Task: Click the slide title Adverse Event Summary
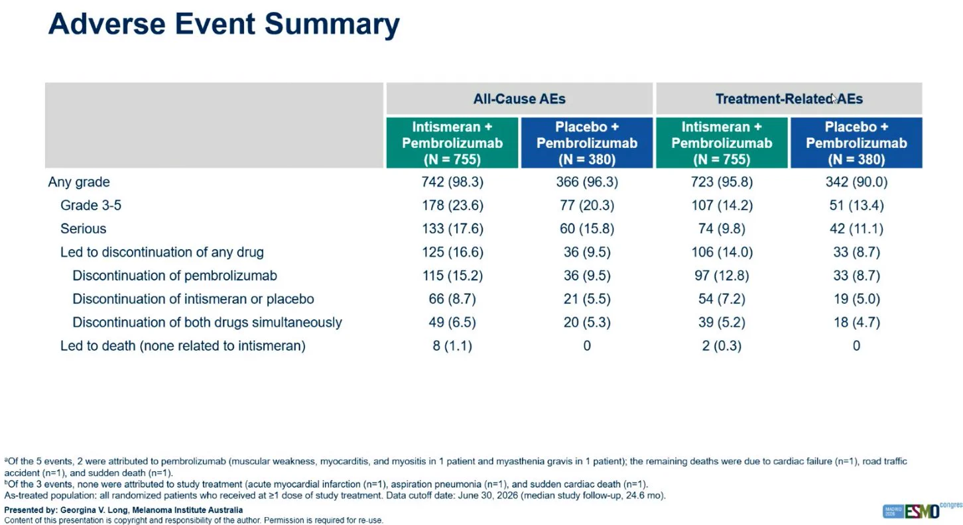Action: (x=224, y=25)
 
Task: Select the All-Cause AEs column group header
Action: (x=519, y=99)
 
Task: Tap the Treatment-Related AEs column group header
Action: (x=789, y=99)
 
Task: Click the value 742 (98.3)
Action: (x=452, y=182)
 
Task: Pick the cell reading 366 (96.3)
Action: (x=587, y=182)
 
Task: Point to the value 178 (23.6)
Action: (x=452, y=205)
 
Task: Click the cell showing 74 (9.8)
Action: (x=722, y=229)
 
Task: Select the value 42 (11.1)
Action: (x=856, y=229)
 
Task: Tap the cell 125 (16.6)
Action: (x=452, y=252)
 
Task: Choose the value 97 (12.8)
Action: (x=722, y=275)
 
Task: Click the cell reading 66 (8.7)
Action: (x=452, y=298)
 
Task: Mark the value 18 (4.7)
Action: (x=856, y=322)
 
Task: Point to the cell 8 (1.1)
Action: (x=452, y=345)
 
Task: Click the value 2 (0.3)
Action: (x=722, y=345)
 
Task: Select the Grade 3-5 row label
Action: (x=91, y=205)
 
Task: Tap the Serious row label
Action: (x=83, y=229)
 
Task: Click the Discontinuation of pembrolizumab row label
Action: (x=174, y=275)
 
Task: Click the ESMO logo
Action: (x=922, y=511)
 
